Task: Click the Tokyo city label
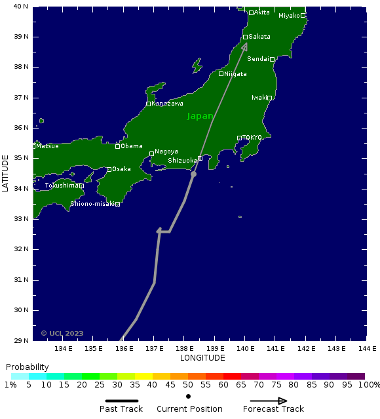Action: coord(252,138)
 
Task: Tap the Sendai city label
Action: coord(257,59)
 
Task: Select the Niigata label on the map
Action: coord(235,74)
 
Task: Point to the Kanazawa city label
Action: coord(167,104)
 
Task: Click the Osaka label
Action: coord(121,169)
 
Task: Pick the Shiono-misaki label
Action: coord(92,204)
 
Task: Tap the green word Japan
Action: coord(200,116)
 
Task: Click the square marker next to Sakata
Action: coord(245,37)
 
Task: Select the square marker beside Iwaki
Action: coord(269,98)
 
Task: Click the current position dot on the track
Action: coord(193,174)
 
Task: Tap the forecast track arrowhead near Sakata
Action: coord(244,47)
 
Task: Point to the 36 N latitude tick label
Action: coord(22,128)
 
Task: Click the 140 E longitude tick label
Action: coord(245,349)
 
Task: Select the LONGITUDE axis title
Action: coord(202,358)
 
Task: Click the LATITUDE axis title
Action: coord(6,173)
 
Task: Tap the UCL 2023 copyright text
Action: coord(62,333)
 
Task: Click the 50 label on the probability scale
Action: coord(188,385)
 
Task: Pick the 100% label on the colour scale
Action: coord(370,385)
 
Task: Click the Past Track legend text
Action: coord(121,409)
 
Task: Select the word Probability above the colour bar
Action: coord(27,367)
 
